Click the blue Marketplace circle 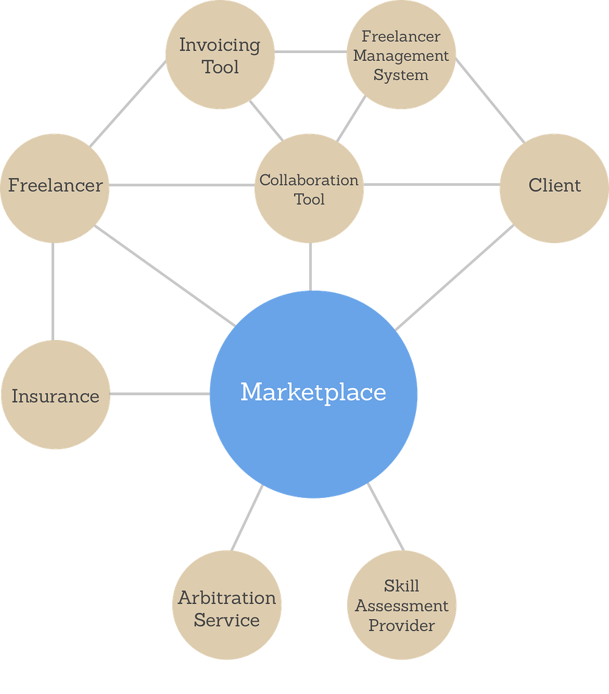coord(314,394)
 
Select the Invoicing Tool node coord(219,55)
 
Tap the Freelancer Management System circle coord(401,55)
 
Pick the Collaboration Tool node coord(309,189)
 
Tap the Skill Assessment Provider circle coord(402,605)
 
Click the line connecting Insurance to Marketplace coord(160,394)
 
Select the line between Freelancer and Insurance coord(52,291)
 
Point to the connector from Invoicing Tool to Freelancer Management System coord(311,52)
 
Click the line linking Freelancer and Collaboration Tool coord(181,185)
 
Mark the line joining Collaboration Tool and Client coord(431,183)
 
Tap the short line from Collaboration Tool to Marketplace coord(309,266)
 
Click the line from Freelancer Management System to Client coord(490,101)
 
